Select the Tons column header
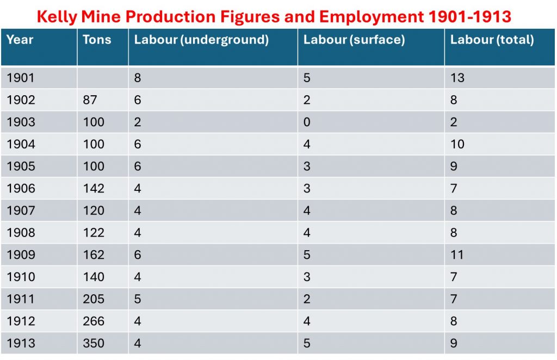coord(97,40)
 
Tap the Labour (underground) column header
coord(201,40)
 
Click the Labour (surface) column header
coord(354,40)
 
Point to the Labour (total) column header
coord(492,40)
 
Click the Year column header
coord(20,40)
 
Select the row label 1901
coord(21,78)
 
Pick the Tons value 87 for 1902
coord(90,100)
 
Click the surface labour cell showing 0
coord(307,122)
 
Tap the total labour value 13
coord(457,78)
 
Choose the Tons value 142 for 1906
coord(94,189)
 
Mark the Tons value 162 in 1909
coord(94,255)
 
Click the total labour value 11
coord(457,255)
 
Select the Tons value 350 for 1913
coord(94,344)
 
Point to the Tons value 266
coord(94,321)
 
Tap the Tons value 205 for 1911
coord(94,299)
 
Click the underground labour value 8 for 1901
coord(138,78)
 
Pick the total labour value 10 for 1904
coord(457,144)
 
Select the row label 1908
coord(21,233)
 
